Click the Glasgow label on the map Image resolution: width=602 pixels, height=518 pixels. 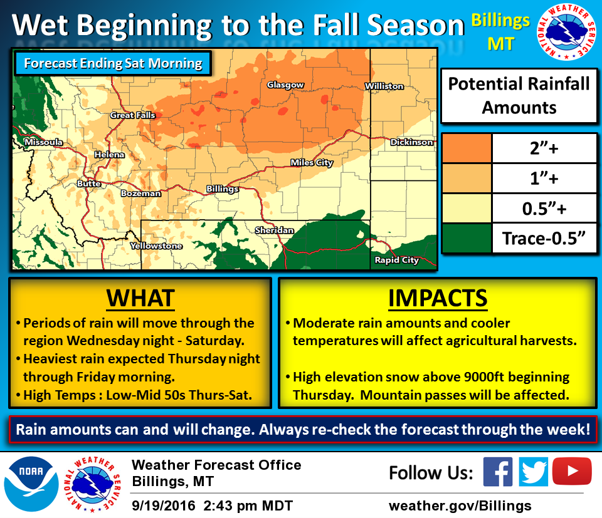pos(285,85)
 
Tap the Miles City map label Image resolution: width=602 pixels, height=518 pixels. pos(312,163)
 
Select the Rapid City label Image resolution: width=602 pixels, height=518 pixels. pos(396,260)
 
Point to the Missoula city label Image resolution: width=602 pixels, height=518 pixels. pos(43,142)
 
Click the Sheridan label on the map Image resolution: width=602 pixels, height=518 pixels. pos(274,230)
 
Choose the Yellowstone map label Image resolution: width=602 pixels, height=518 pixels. pos(156,246)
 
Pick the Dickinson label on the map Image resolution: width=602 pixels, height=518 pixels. pos(411,142)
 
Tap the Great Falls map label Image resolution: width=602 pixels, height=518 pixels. pos(132,115)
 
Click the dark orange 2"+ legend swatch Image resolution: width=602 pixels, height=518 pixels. pos(467,148)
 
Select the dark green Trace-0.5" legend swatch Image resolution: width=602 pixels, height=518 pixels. pos(467,238)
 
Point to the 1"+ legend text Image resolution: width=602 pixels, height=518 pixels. pos(544,179)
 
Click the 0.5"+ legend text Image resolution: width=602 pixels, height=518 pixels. pos(544,209)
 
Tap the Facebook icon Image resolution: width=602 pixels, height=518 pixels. pos(498,472)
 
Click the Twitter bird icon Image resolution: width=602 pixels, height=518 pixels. pos(534,472)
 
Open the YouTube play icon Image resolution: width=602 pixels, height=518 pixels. pos(572,471)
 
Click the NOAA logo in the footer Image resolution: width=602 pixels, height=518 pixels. pos(31,484)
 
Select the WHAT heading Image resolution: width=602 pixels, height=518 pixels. pos(140,298)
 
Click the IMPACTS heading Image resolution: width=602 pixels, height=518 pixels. pos(438,298)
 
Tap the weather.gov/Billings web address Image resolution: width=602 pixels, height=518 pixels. pos(460,505)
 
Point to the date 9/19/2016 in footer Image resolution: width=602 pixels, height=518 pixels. pos(164,505)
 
